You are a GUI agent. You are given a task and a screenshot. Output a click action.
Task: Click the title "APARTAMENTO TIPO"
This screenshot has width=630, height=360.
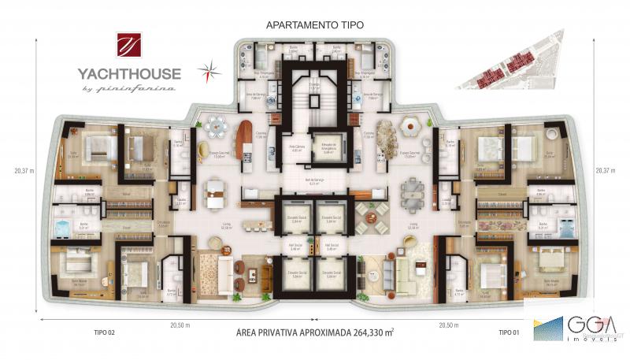(x=314, y=24)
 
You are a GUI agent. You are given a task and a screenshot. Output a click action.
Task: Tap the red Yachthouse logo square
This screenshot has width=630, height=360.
(x=128, y=46)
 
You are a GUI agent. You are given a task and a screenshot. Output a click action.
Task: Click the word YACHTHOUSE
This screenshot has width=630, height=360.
(x=129, y=74)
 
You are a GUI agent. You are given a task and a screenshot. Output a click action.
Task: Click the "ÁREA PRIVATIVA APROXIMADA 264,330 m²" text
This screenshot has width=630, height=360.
(x=314, y=333)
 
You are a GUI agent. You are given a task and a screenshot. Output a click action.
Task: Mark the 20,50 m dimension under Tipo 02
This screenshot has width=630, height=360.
(x=180, y=324)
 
